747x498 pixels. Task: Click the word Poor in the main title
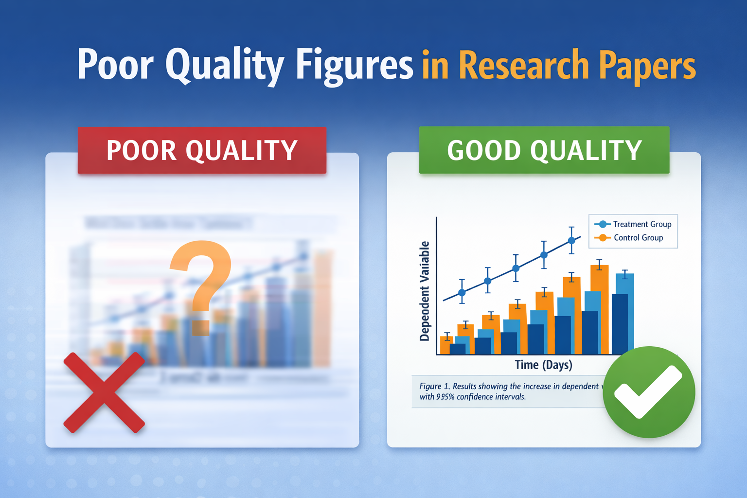(x=115, y=65)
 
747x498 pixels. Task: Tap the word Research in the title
(x=523, y=66)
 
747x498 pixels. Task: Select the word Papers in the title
(x=647, y=66)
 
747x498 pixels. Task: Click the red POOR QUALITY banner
(x=202, y=150)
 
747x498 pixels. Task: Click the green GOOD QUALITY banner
(x=544, y=150)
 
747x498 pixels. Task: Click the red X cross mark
(x=104, y=392)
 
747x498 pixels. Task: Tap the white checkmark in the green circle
(x=648, y=392)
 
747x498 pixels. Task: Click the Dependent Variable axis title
(x=425, y=291)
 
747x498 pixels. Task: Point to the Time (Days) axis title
(x=543, y=365)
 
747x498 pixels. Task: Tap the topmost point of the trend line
(x=572, y=240)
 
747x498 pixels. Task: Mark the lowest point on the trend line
(x=462, y=293)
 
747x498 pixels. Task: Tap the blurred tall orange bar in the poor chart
(x=322, y=309)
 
